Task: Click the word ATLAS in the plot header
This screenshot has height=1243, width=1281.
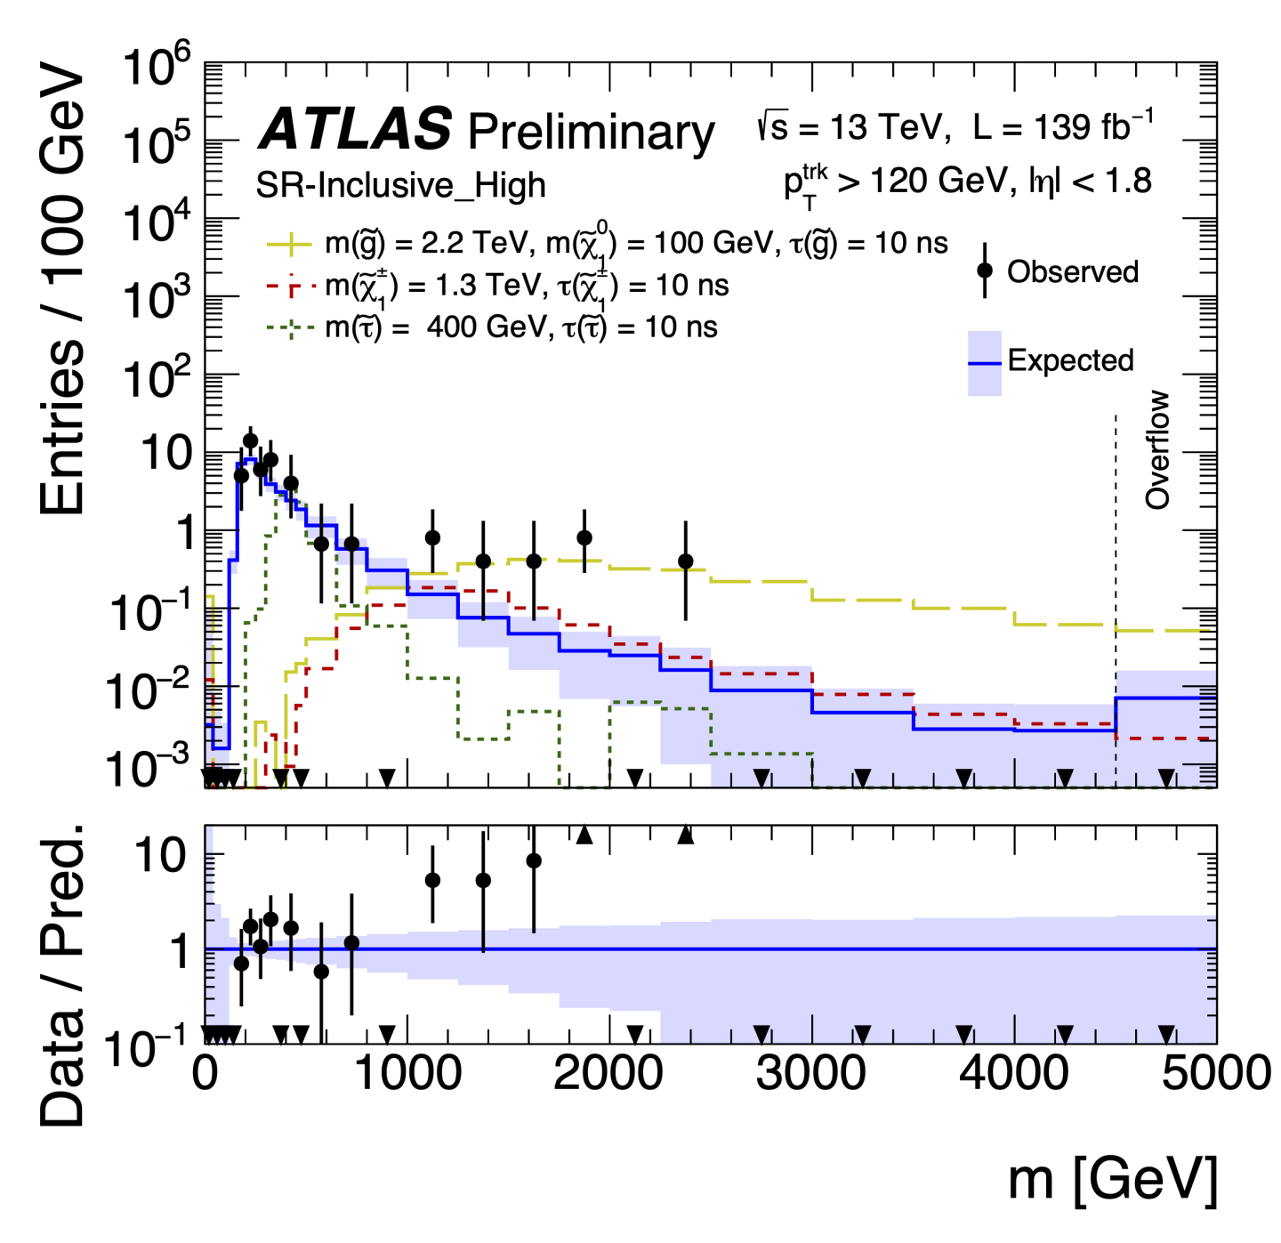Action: [x=355, y=129]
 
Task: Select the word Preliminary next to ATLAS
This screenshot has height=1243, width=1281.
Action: [x=591, y=133]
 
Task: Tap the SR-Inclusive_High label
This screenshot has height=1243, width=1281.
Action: [x=400, y=185]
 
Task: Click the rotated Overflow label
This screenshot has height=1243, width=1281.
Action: [x=1156, y=449]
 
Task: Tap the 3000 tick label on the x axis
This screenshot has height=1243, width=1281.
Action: [x=810, y=1073]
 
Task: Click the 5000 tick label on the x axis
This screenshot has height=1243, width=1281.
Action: [x=1215, y=1073]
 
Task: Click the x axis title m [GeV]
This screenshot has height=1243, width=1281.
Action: [x=1112, y=1179]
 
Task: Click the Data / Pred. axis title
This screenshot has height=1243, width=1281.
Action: [x=62, y=974]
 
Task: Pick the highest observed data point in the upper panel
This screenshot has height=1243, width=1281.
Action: [x=250, y=440]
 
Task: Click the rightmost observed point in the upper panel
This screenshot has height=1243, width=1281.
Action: [x=685, y=561]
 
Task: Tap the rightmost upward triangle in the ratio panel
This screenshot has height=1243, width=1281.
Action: [x=685, y=835]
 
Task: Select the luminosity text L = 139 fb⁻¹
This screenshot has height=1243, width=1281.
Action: [x=1062, y=127]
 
